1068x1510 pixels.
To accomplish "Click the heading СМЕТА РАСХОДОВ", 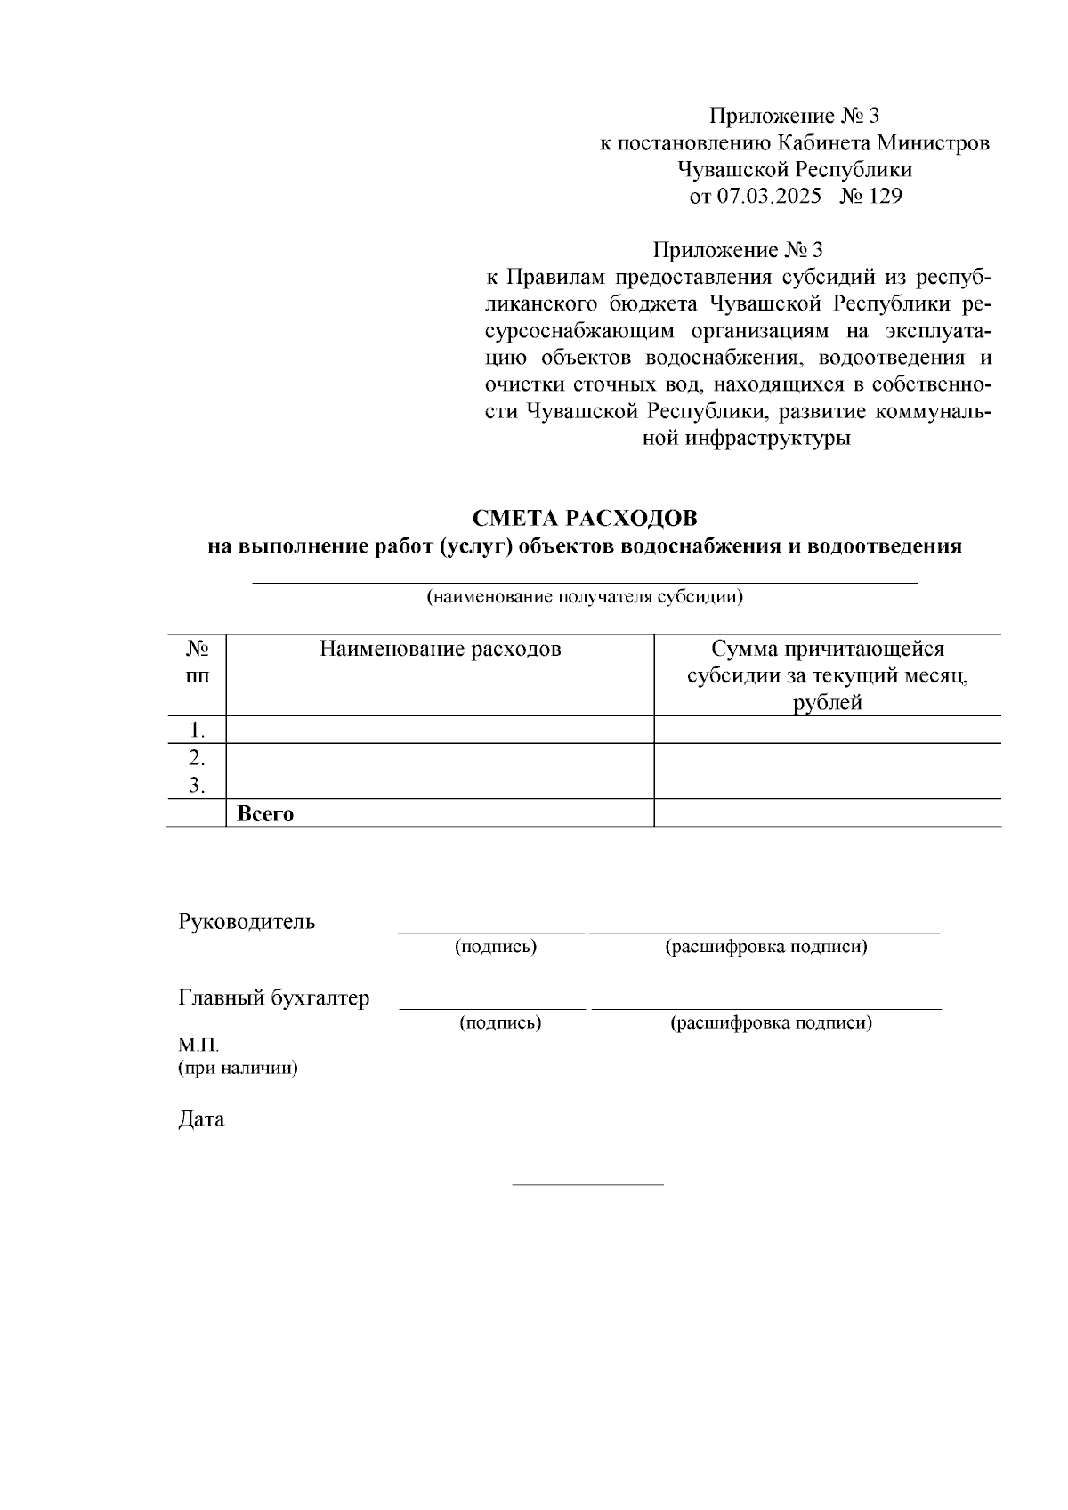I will [x=585, y=518].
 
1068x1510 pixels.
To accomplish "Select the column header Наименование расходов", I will [x=440, y=649].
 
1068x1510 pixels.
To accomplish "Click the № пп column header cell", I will [x=197, y=662].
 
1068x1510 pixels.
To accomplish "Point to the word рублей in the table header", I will [x=828, y=703].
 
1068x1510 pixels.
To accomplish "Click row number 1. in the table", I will [x=198, y=731].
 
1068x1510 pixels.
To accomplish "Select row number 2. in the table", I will [x=198, y=758].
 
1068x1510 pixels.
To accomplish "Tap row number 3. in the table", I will [x=198, y=786].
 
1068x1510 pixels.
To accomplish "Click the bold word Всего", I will [x=265, y=813].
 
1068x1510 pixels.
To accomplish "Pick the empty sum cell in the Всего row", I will [x=827, y=813].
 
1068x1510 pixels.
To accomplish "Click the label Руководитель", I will [x=247, y=921].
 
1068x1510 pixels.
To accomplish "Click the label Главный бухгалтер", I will [x=274, y=997].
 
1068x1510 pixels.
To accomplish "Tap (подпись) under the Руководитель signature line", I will [x=496, y=947].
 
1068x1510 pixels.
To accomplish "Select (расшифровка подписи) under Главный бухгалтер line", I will [x=771, y=1023].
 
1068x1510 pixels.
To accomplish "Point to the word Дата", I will [x=201, y=1119].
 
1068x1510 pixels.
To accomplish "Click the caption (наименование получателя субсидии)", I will [x=585, y=596].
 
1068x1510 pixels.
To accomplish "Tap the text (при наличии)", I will [x=238, y=1068].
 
